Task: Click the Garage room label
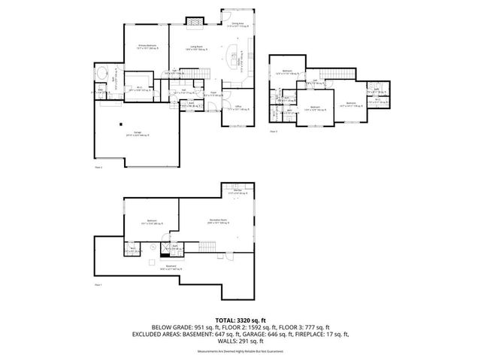(137, 133)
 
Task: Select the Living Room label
(198, 49)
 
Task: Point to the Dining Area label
(237, 25)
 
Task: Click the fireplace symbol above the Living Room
(195, 23)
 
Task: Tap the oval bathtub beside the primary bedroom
(103, 74)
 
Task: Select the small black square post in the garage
(120, 125)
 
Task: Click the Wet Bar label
(237, 192)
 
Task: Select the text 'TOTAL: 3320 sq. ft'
(240, 320)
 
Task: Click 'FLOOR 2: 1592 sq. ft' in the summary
(240, 327)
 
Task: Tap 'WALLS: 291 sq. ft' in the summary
(240, 341)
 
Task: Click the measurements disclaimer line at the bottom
(240, 351)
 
